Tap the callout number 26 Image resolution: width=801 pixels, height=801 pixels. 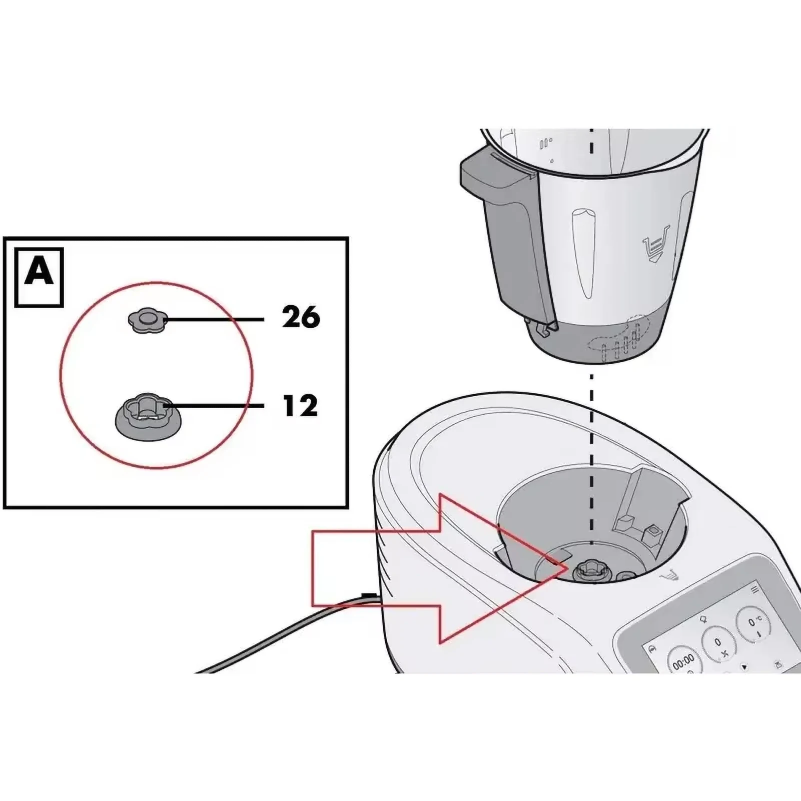tap(301, 318)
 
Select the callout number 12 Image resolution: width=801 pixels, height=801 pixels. tap(300, 406)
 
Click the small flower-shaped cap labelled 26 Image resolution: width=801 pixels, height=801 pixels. tap(146, 319)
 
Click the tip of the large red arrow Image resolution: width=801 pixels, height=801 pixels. tap(565, 568)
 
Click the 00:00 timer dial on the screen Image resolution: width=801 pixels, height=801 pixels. tap(683, 660)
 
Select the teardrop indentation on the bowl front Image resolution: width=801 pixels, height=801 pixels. tap(583, 250)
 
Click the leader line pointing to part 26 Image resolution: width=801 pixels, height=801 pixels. tap(215, 319)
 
